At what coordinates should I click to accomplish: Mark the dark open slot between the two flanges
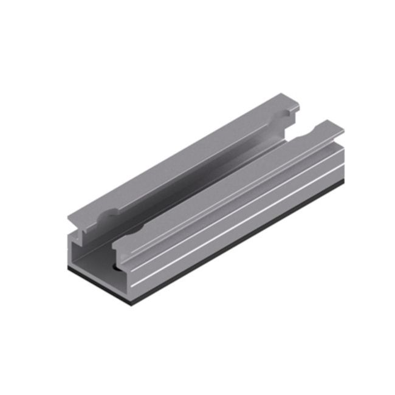point(207,176)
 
